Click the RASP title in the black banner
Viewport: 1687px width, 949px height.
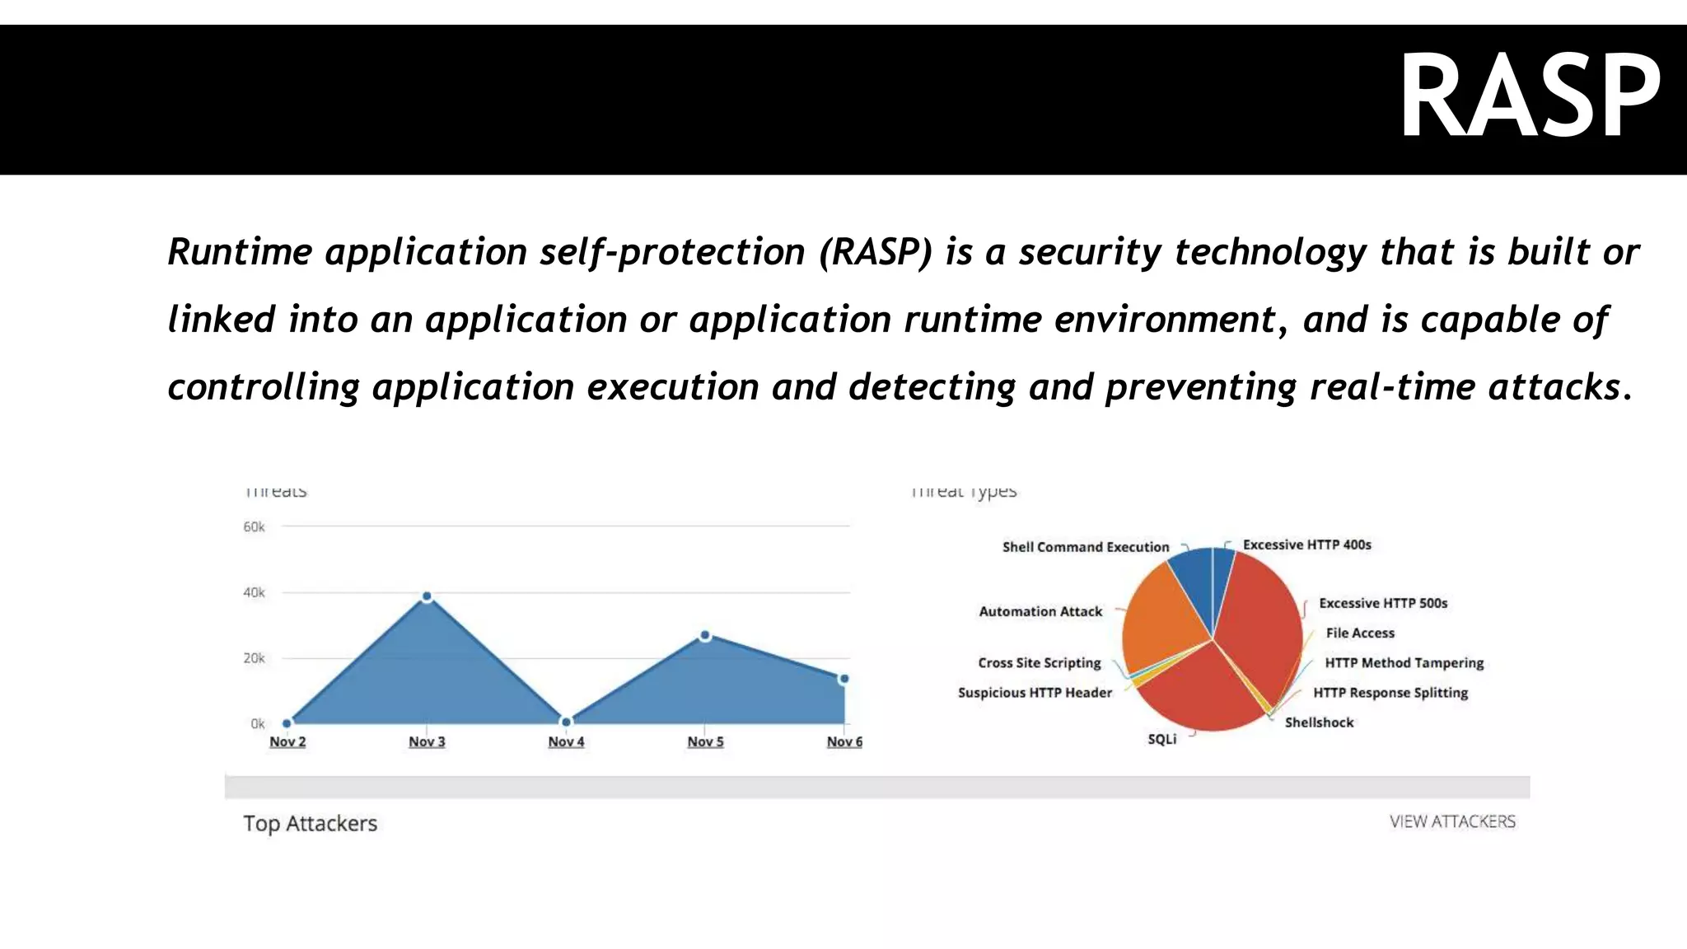[1530, 97]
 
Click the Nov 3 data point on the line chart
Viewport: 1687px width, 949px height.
[427, 596]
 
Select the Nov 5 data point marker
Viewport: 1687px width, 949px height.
[705, 635]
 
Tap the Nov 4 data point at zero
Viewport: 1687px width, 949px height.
[566, 722]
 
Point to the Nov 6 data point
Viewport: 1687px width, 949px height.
[843, 679]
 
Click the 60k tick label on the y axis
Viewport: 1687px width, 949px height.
[254, 526]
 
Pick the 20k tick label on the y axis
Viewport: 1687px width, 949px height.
[254, 658]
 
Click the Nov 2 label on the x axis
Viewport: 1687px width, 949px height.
[287, 741]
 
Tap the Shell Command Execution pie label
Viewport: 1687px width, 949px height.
[1085, 547]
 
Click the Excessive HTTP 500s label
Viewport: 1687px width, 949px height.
[1382, 603]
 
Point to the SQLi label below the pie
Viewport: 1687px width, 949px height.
[1161, 739]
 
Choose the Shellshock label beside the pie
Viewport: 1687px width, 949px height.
[1319, 722]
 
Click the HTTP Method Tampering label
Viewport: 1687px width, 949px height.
[1404, 662]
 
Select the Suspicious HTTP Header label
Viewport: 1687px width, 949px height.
[1035, 693]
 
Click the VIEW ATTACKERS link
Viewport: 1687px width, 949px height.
[1451, 821]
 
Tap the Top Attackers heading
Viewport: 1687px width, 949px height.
[310, 823]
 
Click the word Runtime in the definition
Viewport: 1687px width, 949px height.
[240, 251]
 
